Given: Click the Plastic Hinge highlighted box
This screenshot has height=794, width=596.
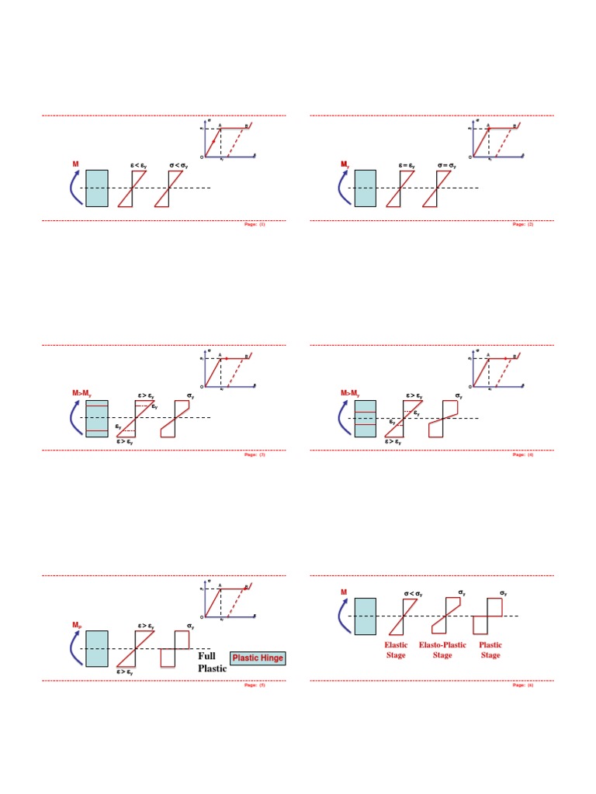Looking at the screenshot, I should point(258,658).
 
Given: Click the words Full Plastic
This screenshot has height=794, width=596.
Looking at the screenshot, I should point(211,662).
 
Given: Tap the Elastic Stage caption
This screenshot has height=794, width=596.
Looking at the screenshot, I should point(396,650).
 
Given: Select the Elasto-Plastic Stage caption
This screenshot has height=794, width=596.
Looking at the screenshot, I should point(442,650).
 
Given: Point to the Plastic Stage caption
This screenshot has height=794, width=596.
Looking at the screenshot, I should point(490,650).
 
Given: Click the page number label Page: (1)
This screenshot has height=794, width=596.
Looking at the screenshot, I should point(255,224).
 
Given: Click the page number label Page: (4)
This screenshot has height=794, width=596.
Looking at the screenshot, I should point(523,454).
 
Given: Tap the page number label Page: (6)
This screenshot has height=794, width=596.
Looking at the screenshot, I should point(523,685).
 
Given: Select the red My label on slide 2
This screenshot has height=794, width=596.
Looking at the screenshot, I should point(345,164).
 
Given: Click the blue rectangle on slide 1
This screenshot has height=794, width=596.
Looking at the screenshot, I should point(97,188).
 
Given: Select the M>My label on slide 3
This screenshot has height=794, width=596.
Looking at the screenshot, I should point(82,395).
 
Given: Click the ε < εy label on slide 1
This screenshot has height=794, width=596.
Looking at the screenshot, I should point(140,164).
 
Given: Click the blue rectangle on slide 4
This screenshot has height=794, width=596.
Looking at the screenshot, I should point(366,418).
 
